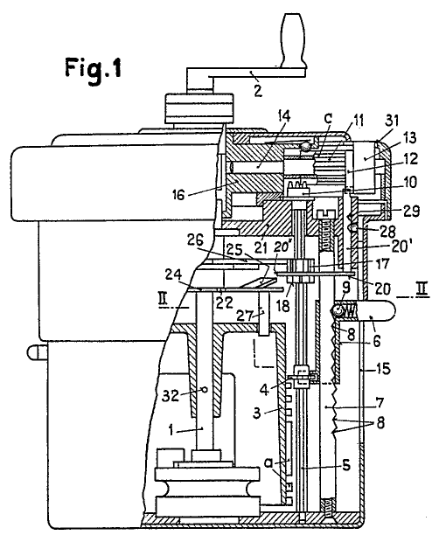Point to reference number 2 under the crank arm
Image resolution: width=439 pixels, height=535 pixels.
coord(258,90)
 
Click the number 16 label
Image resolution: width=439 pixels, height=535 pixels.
coord(178,194)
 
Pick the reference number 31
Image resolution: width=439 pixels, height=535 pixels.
coord(392,122)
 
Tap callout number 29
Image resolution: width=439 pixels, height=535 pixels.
coord(411,212)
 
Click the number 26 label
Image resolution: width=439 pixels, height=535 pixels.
coord(195,240)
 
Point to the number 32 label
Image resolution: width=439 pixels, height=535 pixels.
coord(171,396)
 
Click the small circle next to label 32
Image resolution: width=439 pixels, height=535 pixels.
coord(205,389)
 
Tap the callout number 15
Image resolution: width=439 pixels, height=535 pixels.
coord(383,369)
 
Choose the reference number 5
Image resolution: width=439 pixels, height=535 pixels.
coord(346,465)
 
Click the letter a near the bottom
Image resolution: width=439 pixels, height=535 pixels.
coord(269,462)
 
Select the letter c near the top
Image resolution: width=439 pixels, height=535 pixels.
coord(328,118)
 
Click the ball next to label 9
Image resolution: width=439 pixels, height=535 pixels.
coord(338,310)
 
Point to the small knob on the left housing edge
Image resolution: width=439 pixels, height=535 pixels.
coord(35,352)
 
